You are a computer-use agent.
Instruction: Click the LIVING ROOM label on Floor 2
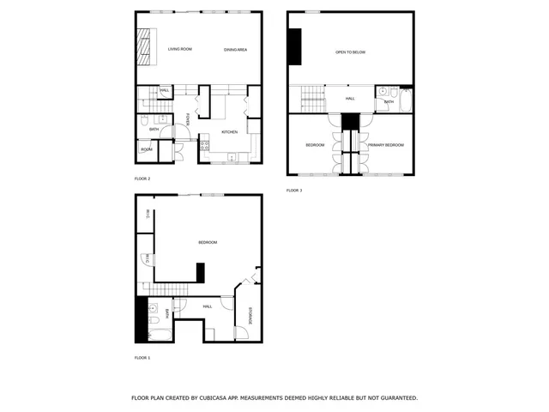pyautogui.click(x=180, y=50)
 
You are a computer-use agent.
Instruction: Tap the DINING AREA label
pyautogui.click(x=236, y=50)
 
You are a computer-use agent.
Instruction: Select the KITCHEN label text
pyautogui.click(x=229, y=131)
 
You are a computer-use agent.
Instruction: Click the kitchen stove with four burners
pyautogui.click(x=204, y=146)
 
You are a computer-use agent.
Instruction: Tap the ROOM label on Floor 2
pyautogui.click(x=147, y=150)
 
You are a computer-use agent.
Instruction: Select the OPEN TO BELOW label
pyautogui.click(x=350, y=52)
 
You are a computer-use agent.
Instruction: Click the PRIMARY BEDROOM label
pyautogui.click(x=386, y=145)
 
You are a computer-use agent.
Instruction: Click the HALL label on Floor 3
pyautogui.click(x=350, y=99)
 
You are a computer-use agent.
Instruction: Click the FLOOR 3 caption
pyautogui.click(x=294, y=190)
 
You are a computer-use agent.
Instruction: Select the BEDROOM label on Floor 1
pyautogui.click(x=208, y=243)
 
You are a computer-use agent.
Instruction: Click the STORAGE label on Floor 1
pyautogui.click(x=250, y=315)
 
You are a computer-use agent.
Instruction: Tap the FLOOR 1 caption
pyautogui.click(x=142, y=357)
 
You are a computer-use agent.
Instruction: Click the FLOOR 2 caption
pyautogui.click(x=142, y=179)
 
